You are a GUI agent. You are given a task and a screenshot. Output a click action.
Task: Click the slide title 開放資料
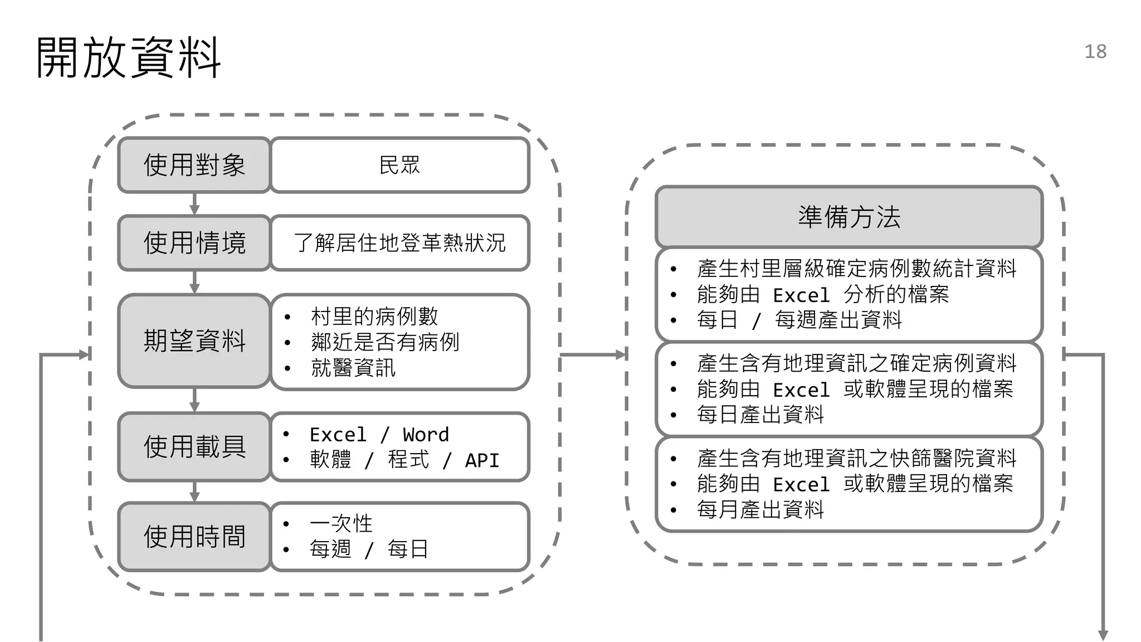(x=129, y=57)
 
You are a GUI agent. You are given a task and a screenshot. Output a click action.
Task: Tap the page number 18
(x=1095, y=52)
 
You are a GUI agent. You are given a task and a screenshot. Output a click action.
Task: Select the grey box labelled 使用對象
(x=194, y=165)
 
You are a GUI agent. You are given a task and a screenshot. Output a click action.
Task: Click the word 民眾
(x=399, y=165)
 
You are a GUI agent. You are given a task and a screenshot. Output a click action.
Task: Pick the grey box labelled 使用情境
(x=194, y=243)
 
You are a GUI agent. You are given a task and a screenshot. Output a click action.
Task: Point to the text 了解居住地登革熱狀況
(x=399, y=243)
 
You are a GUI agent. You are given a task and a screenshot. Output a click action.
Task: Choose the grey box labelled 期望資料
(x=194, y=341)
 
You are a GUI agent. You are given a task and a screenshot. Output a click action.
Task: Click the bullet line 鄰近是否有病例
(x=385, y=342)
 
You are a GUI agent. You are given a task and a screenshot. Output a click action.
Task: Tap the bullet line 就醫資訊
(x=353, y=368)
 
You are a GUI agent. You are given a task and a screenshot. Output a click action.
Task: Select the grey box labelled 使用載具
(x=194, y=446)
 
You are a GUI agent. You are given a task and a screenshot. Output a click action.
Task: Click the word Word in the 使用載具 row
(x=426, y=435)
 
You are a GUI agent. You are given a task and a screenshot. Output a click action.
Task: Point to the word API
(x=482, y=460)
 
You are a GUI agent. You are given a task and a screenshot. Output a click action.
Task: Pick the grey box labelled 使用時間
(x=194, y=537)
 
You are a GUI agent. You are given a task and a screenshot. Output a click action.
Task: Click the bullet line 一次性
(x=341, y=523)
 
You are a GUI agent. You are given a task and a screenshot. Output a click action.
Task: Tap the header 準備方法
(x=849, y=217)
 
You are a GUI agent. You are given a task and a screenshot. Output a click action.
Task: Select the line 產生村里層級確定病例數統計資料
(x=856, y=269)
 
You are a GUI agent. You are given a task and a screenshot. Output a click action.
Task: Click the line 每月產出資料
(x=760, y=509)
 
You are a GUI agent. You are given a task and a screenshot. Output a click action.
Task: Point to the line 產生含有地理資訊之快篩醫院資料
(x=856, y=458)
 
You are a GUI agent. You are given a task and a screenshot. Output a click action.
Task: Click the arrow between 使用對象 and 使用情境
(x=194, y=205)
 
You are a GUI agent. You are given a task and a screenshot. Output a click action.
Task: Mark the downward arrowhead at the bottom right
(x=1103, y=635)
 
